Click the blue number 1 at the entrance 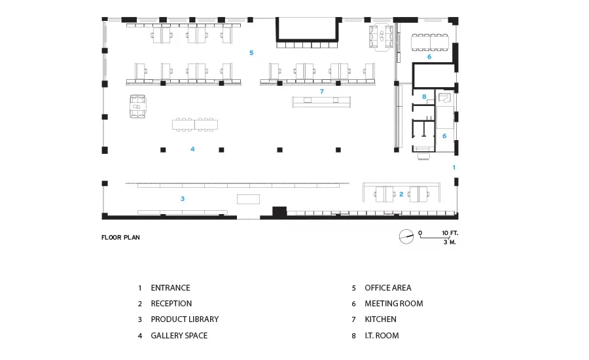[x=454, y=167]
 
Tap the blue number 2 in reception [x=401, y=194]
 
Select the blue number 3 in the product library [x=183, y=198]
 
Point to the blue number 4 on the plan [x=192, y=149]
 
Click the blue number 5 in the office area [x=251, y=52]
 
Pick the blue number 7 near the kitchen [x=321, y=91]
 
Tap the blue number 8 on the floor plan [x=424, y=97]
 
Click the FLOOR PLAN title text [x=120, y=237]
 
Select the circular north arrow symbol [x=406, y=236]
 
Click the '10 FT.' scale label [x=450, y=233]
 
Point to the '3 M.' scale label [x=450, y=242]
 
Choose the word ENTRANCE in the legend [x=171, y=288]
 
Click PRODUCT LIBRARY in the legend [x=185, y=319]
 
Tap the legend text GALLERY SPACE [x=179, y=335]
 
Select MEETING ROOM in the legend [x=394, y=303]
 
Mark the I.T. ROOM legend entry [x=382, y=335]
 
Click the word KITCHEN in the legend [x=380, y=319]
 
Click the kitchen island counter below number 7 [x=321, y=102]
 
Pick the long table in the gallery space [x=195, y=124]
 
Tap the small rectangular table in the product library [x=248, y=199]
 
